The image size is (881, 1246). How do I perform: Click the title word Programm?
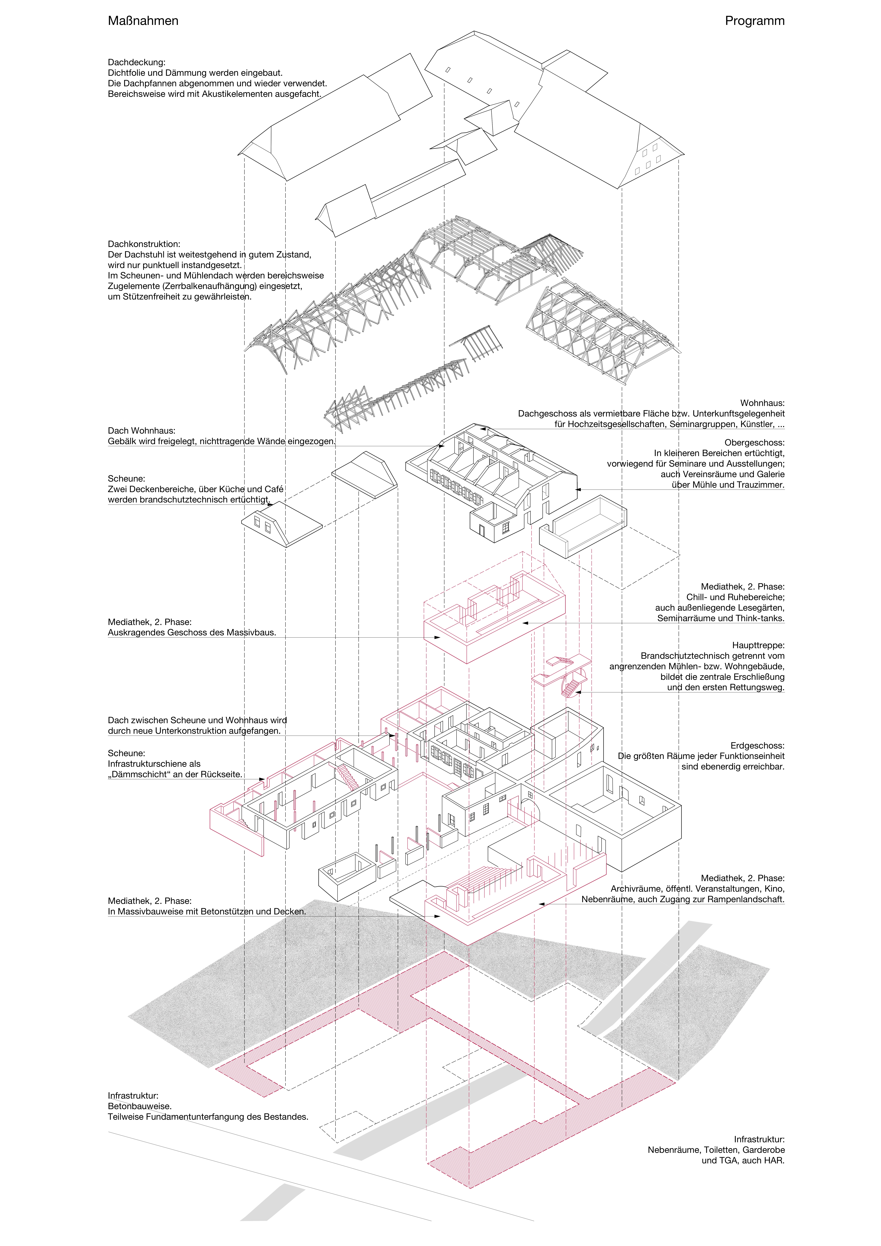tap(754, 21)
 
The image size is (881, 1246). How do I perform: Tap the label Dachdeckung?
tap(136, 62)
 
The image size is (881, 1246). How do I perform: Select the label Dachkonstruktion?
tap(144, 244)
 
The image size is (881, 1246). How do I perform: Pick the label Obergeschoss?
tap(754, 443)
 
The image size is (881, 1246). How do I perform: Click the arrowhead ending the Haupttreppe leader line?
tap(578, 692)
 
